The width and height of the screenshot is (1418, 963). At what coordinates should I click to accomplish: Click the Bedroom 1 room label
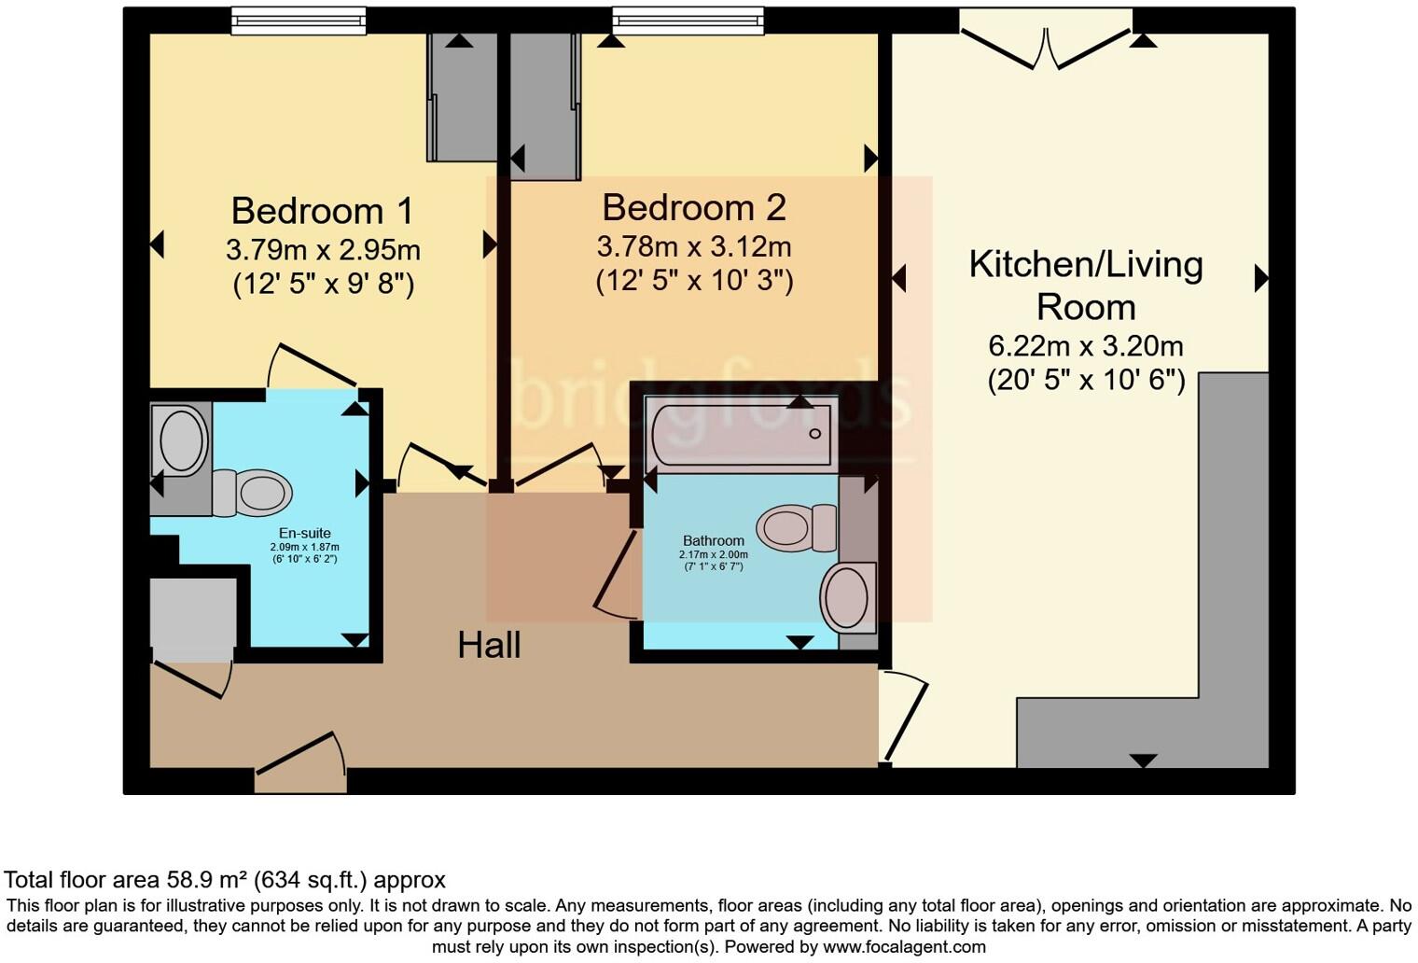[322, 211]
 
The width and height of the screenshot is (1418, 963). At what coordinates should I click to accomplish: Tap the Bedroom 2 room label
[693, 207]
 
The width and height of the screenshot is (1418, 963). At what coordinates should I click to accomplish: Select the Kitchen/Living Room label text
[1086, 286]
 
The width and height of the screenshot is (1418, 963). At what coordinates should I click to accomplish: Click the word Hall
[489, 645]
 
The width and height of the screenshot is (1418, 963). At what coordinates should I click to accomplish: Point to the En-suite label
[304, 534]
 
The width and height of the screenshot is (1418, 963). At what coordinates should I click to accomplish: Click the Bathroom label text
[713, 540]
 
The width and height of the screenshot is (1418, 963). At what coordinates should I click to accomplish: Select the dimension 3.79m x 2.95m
[323, 250]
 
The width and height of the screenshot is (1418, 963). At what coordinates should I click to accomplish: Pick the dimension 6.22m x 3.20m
[1086, 346]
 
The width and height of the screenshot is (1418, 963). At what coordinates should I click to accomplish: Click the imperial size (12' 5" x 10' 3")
[694, 280]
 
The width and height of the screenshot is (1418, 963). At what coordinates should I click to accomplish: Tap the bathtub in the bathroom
[740, 434]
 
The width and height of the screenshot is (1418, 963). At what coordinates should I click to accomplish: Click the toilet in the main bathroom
[796, 527]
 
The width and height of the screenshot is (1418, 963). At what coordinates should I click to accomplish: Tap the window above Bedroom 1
[299, 21]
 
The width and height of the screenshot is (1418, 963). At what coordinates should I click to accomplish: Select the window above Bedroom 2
[688, 21]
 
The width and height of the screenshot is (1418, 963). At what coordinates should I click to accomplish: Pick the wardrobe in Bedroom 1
[462, 97]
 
